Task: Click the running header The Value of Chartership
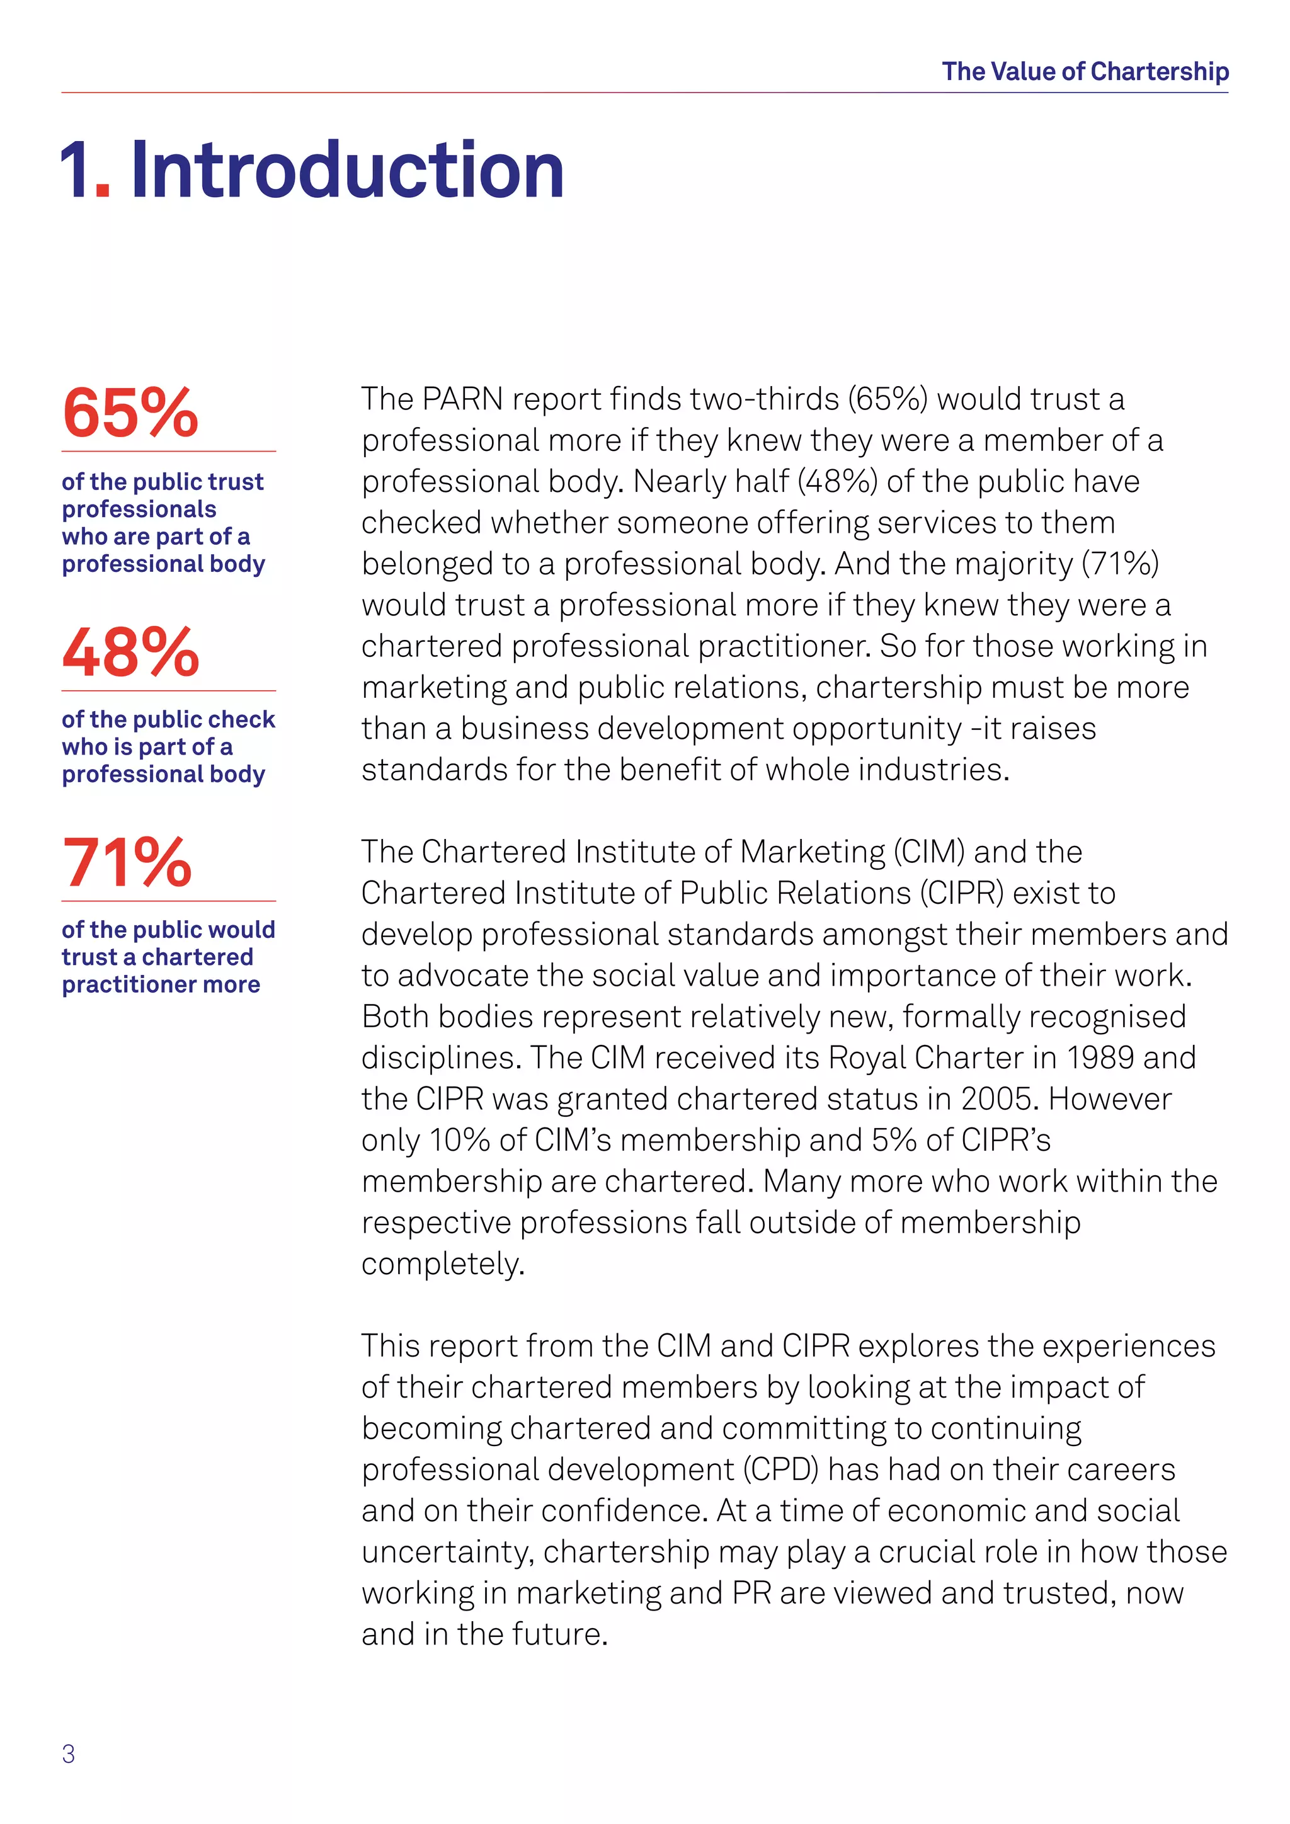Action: [x=1085, y=72]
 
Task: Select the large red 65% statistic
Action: [x=130, y=413]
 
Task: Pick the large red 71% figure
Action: [x=127, y=863]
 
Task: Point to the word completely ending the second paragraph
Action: [x=442, y=1264]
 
